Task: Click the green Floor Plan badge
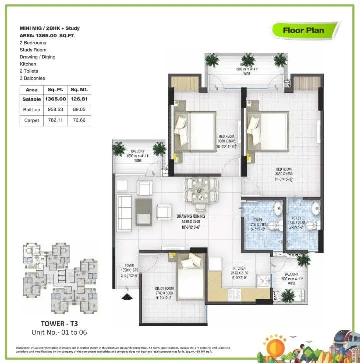(x=303, y=30)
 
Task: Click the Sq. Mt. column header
(x=79, y=89)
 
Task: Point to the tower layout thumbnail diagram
(x=55, y=278)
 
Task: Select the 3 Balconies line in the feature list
(x=32, y=78)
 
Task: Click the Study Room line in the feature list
(x=33, y=50)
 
